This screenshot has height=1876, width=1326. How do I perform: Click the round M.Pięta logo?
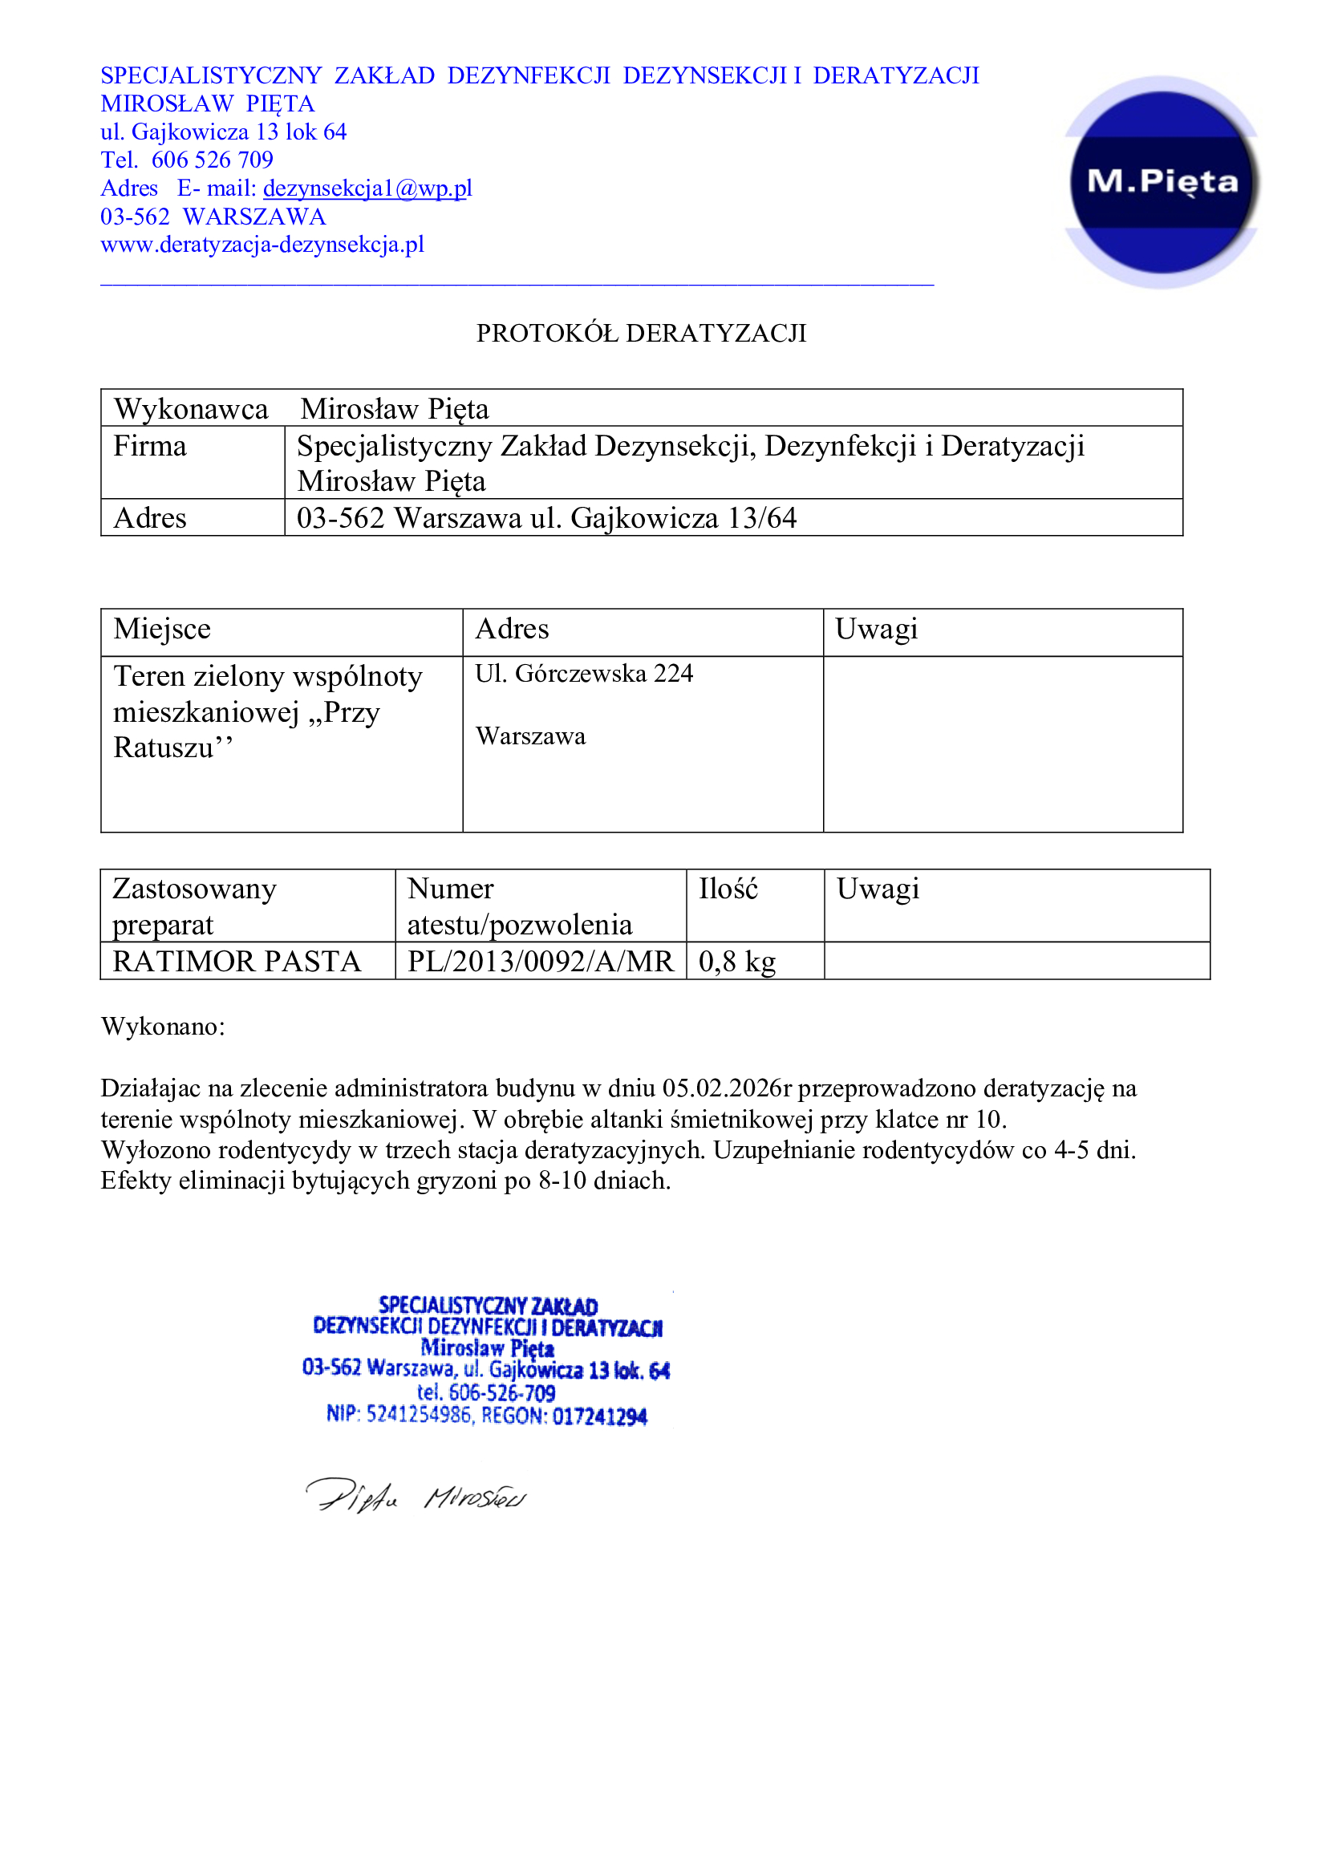(1162, 181)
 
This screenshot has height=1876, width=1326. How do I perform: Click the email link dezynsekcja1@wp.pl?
(367, 188)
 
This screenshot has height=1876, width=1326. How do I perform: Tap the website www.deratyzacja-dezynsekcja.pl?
(262, 245)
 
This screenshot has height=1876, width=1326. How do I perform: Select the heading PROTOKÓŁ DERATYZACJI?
(642, 334)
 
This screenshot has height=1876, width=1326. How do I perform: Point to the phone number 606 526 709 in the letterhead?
(213, 160)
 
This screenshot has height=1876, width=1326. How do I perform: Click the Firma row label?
(150, 446)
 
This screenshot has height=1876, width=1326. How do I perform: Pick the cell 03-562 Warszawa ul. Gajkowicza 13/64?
(545, 518)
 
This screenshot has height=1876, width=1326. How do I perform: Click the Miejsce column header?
(162, 629)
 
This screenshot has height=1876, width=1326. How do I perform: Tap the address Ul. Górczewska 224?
(583, 673)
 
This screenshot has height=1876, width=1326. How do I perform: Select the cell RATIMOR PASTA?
(236, 962)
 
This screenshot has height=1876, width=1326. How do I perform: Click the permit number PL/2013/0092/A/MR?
(540, 962)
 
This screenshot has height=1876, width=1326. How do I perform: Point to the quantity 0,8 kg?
(737, 962)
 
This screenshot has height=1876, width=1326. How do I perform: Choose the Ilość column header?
(728, 889)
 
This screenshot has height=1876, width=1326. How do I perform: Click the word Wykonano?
(163, 1027)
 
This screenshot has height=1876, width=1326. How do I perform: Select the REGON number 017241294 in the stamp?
(600, 1416)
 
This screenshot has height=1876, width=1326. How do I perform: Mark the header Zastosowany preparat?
(194, 906)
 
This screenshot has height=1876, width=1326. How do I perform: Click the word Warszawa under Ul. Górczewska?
(530, 736)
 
